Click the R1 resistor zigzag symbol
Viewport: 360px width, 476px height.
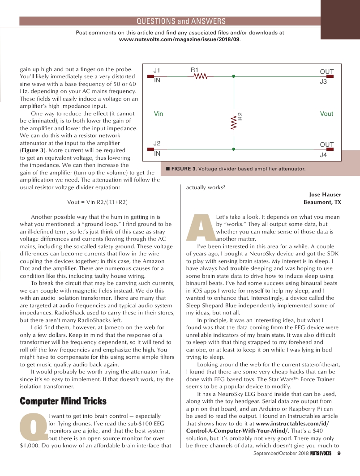click(x=200, y=76)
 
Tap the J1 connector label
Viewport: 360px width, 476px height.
click(x=157, y=70)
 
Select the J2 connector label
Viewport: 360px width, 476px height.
click(x=157, y=143)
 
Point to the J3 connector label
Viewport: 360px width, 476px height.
click(x=323, y=82)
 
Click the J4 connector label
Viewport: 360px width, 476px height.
click(x=323, y=155)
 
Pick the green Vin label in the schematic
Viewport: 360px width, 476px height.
click(x=159, y=114)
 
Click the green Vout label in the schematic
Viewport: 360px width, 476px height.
click(x=326, y=114)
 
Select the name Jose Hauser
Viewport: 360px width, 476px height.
click(x=325, y=194)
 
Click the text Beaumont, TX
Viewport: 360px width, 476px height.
click(x=322, y=202)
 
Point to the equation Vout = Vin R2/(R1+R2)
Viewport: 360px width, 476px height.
click(x=97, y=202)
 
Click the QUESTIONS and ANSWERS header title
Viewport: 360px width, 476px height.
click(x=181, y=21)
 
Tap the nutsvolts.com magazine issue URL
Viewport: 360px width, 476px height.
click(x=180, y=39)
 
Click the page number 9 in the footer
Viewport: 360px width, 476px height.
click(x=339, y=454)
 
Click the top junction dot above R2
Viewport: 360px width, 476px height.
click(x=234, y=76)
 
